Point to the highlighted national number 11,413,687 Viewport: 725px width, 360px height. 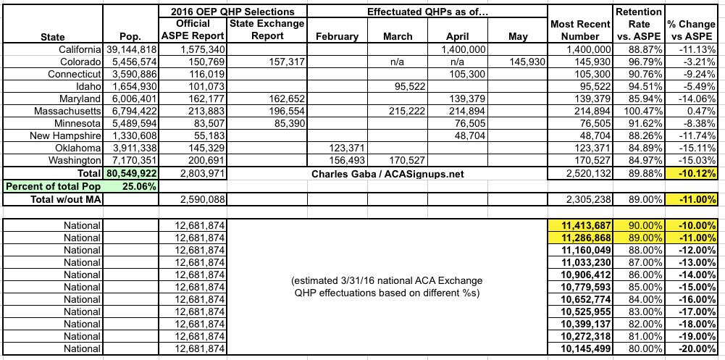[581, 227]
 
